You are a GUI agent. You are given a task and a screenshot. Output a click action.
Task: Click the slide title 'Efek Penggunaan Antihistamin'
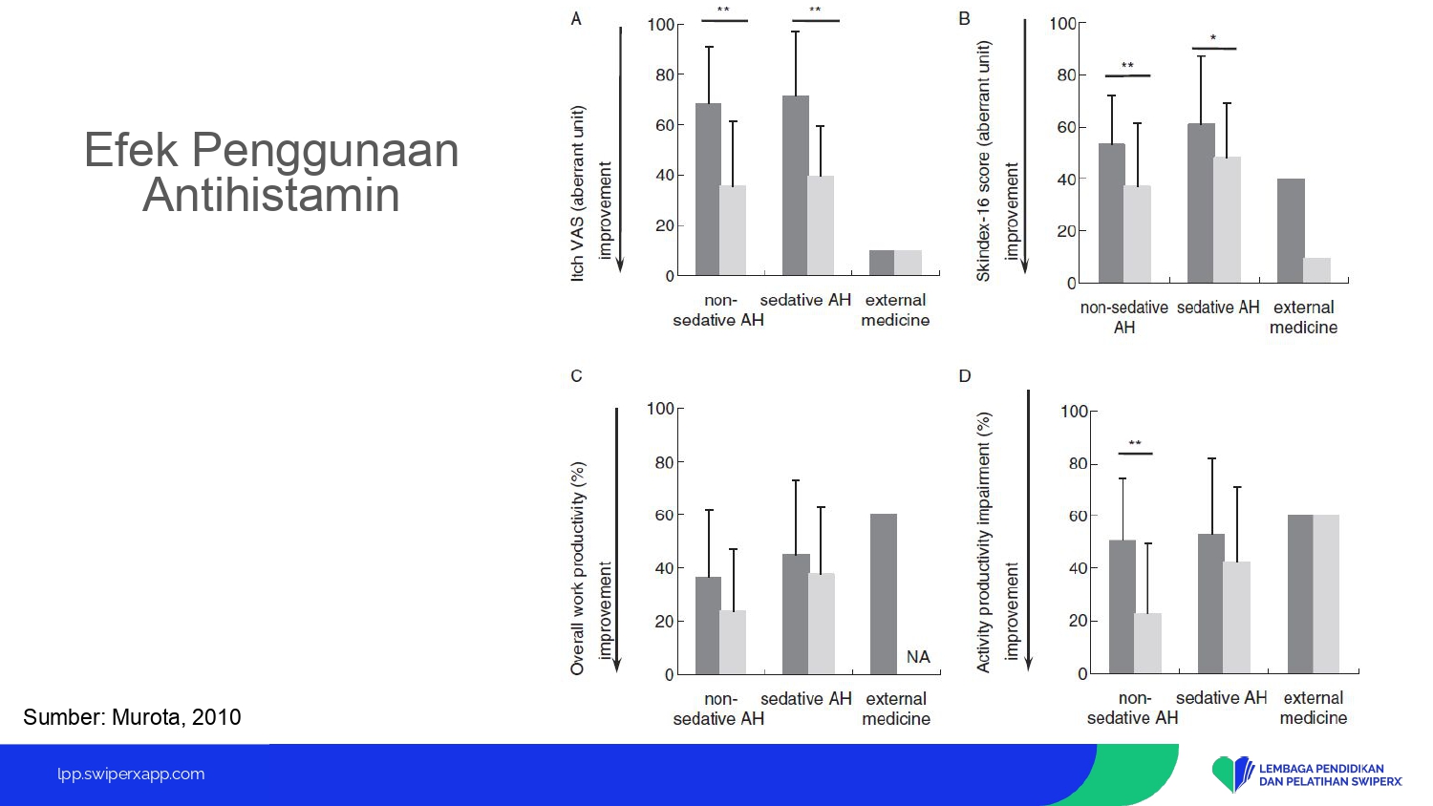[x=271, y=173]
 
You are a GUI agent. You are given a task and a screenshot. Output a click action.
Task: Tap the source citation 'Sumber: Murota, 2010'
[x=132, y=717]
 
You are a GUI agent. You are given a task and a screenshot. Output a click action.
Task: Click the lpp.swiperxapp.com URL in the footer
[x=131, y=774]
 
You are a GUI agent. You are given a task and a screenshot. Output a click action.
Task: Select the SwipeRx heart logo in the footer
[x=1232, y=774]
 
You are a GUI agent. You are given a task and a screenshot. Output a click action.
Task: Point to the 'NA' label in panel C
[x=918, y=657]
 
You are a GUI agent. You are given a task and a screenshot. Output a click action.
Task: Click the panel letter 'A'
[x=576, y=19]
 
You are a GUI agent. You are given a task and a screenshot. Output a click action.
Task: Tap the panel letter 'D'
[x=965, y=376]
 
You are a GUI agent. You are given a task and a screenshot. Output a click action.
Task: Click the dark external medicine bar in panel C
[x=884, y=594]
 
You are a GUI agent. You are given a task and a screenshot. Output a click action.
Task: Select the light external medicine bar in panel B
[x=1316, y=270]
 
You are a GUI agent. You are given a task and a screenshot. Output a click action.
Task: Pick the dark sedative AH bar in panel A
[x=795, y=186]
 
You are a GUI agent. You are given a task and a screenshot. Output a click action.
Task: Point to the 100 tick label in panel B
[x=1062, y=23]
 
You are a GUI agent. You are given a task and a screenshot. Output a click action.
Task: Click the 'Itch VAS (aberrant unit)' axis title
[x=577, y=193]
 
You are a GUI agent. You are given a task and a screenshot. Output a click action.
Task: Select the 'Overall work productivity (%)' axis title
[x=577, y=569]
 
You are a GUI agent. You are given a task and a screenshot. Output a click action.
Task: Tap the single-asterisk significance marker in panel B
[x=1213, y=39]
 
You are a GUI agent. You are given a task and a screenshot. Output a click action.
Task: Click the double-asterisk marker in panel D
[x=1135, y=444]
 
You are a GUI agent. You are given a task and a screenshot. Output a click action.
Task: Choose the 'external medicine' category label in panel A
[x=895, y=310]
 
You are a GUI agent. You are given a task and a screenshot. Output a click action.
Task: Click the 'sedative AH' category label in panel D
[x=1221, y=698]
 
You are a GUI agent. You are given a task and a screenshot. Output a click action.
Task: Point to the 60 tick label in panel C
[x=663, y=515]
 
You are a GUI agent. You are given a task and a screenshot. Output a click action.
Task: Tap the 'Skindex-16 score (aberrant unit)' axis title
[x=983, y=160]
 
